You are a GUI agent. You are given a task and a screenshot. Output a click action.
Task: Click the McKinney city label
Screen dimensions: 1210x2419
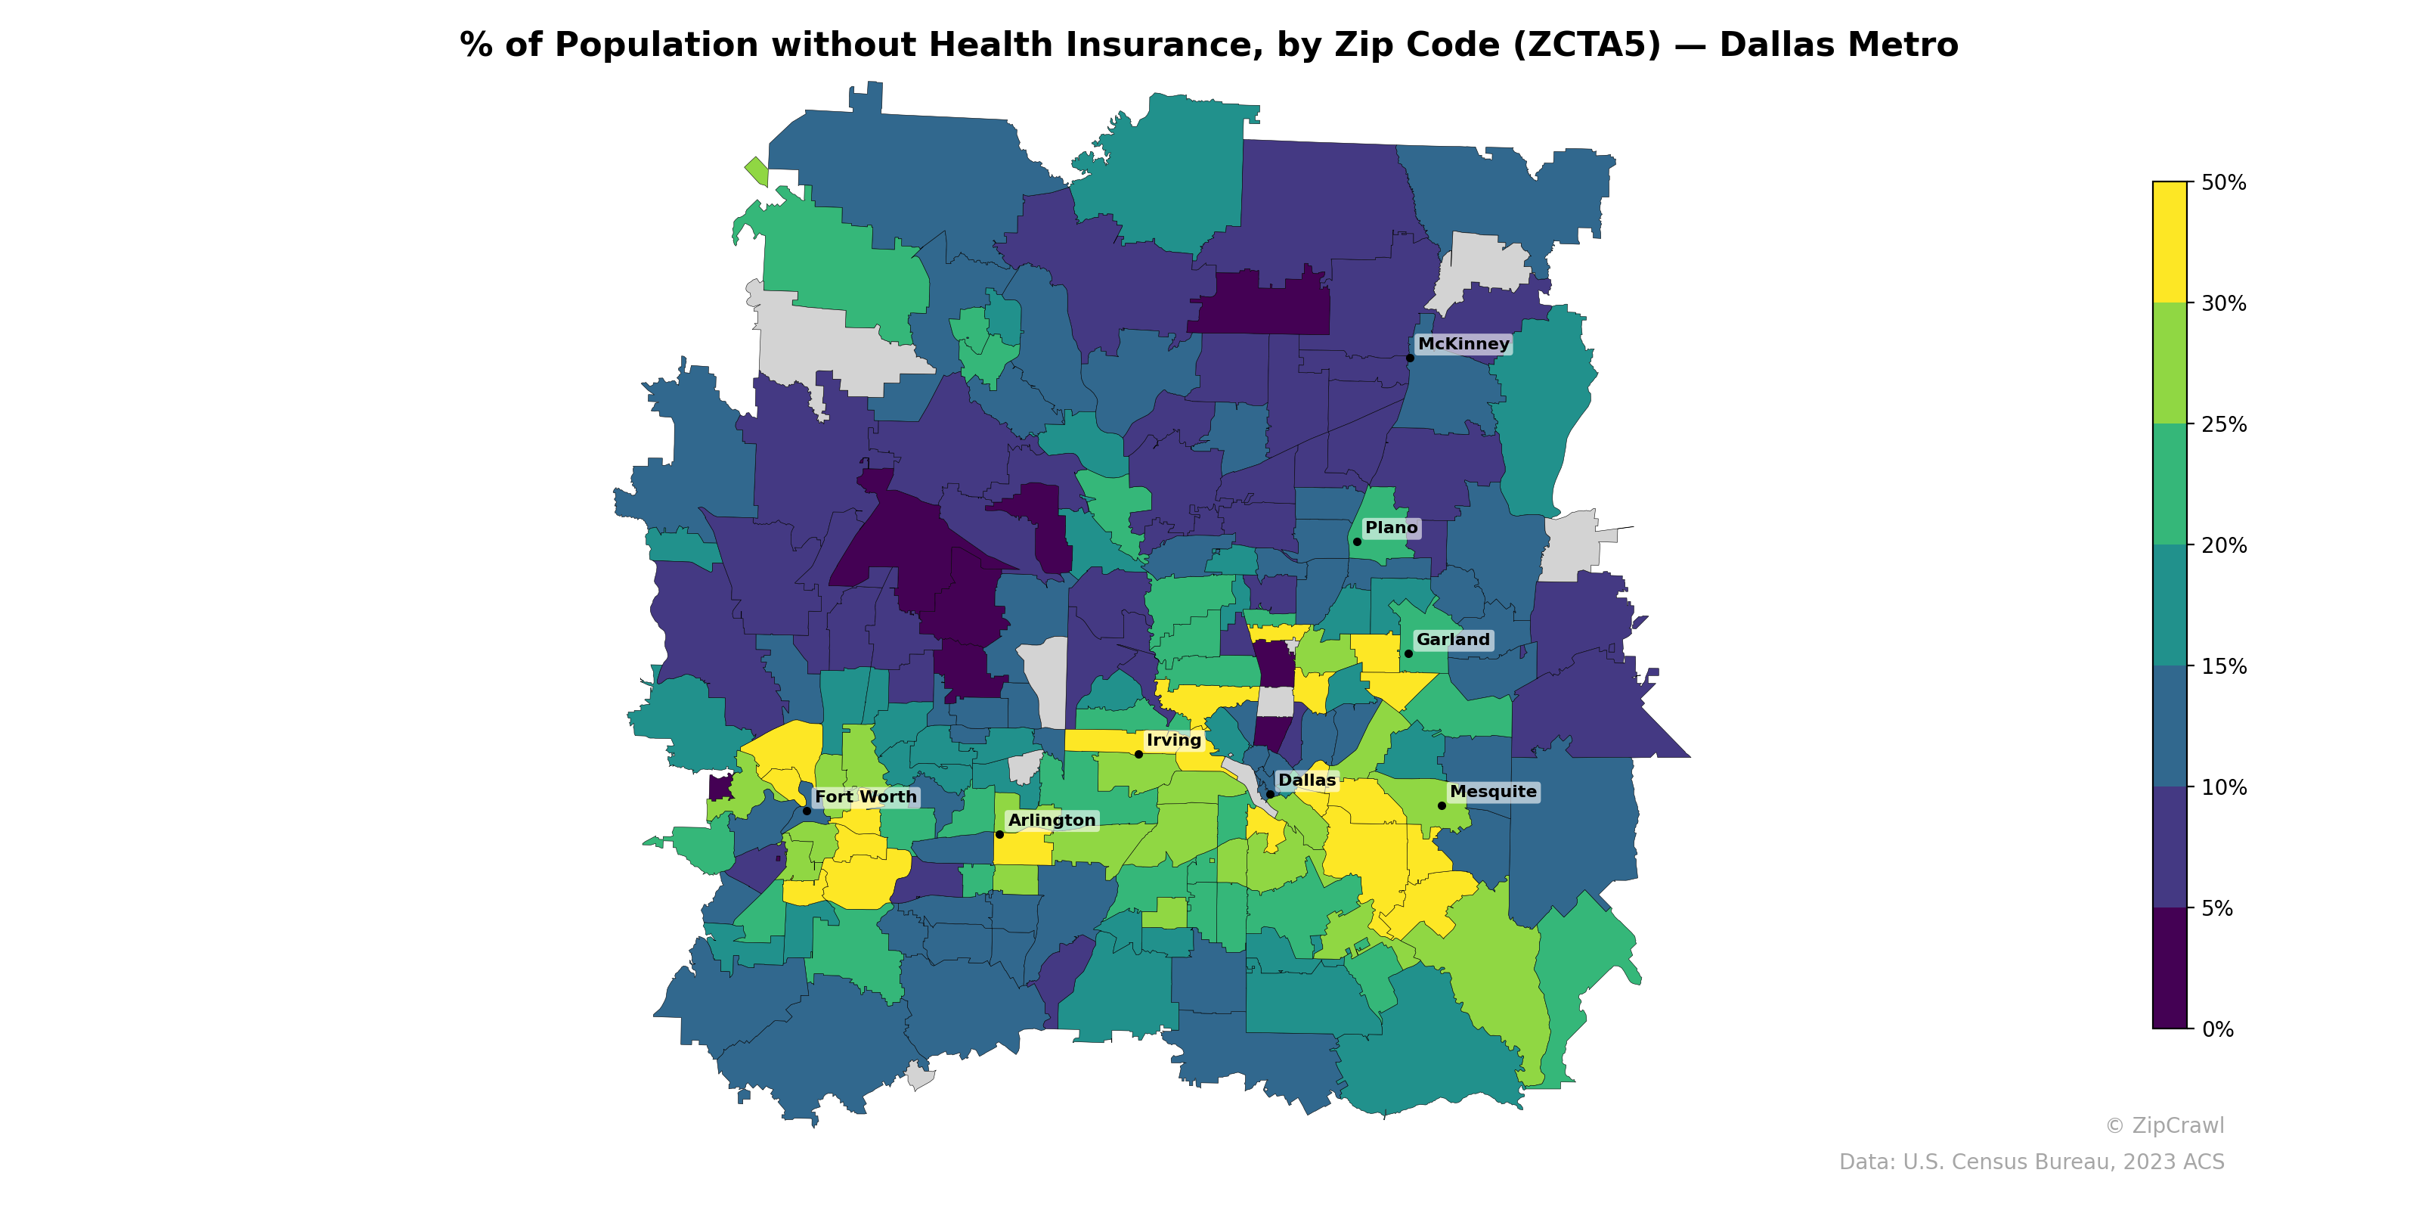point(1463,344)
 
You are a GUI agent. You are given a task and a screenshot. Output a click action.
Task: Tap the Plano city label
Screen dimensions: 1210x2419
point(1391,528)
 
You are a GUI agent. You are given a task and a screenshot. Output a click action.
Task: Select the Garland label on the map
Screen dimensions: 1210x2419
point(1453,640)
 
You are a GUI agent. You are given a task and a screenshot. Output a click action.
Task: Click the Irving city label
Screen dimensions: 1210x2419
point(1174,740)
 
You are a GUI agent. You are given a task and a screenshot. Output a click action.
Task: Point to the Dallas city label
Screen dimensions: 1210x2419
point(1306,780)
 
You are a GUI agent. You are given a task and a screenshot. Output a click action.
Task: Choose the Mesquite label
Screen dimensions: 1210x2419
point(1493,792)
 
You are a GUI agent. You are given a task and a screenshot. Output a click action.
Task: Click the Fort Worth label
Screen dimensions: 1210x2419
point(865,796)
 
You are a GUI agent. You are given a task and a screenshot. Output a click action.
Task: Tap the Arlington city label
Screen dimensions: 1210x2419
point(1052,820)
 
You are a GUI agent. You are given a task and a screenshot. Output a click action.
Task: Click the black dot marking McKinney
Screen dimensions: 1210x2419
point(1410,358)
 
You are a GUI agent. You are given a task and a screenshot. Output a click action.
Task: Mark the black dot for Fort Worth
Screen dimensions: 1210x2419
point(807,811)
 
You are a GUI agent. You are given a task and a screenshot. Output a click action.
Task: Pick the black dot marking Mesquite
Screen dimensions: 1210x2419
point(1442,806)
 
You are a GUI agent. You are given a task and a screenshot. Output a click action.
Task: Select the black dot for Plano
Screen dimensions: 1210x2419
point(1357,542)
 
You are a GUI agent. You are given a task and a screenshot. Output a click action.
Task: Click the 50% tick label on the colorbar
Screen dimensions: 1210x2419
point(2224,183)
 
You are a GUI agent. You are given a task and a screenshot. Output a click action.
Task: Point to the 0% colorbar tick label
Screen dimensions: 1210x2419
point(2218,1029)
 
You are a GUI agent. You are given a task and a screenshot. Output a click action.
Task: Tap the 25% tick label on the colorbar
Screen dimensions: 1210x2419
point(2224,424)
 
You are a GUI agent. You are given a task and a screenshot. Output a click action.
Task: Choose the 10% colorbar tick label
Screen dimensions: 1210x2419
point(2224,787)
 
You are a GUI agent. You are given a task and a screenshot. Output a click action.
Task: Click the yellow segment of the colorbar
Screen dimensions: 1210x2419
point(2170,241)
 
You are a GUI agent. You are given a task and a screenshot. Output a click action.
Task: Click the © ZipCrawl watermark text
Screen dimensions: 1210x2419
point(2164,1125)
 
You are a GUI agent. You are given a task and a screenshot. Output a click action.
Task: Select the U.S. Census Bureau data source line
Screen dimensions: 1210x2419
point(2031,1162)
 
